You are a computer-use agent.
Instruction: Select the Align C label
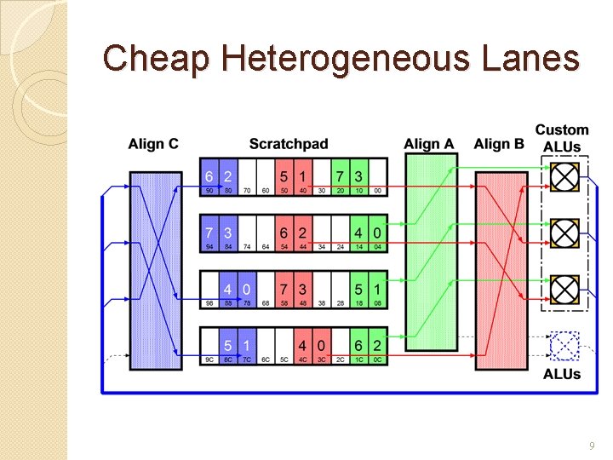(x=153, y=144)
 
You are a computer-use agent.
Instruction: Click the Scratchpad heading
(x=289, y=144)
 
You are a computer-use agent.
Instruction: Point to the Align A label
(x=430, y=144)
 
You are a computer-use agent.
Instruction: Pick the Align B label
(x=499, y=144)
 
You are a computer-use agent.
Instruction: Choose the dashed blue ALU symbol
(x=564, y=347)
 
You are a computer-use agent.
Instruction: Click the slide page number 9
(x=591, y=446)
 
